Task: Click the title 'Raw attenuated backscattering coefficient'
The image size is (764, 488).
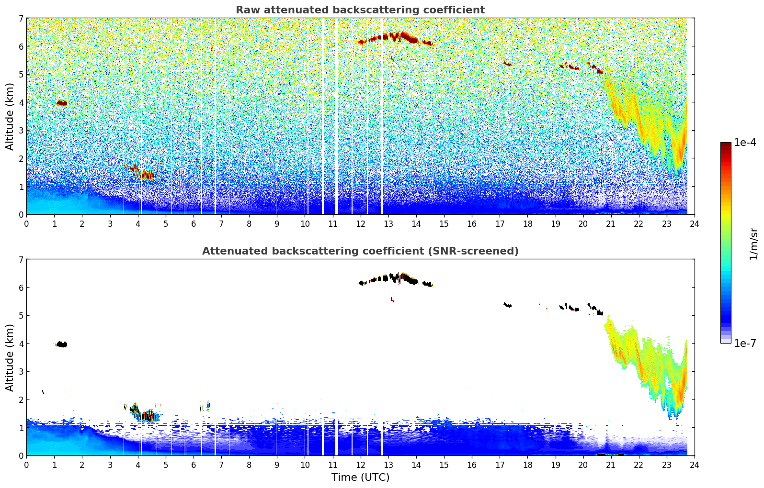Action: [x=360, y=10]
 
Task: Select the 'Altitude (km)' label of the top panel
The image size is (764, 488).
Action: [x=10, y=116]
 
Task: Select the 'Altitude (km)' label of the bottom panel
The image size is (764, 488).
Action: [x=10, y=357]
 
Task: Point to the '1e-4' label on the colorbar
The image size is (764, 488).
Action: [x=745, y=143]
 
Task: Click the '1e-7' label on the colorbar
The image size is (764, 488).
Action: [x=745, y=343]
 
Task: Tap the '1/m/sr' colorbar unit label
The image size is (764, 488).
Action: [x=753, y=244]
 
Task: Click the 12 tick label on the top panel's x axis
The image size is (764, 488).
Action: [x=360, y=224]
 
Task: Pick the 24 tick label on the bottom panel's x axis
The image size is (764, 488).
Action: [x=694, y=465]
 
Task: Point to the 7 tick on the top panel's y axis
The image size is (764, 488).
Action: [x=21, y=19]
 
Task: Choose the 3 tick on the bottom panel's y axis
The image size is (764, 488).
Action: [x=21, y=371]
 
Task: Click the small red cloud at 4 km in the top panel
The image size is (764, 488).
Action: [x=61, y=103]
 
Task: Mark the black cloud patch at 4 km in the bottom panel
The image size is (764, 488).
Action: [x=61, y=344]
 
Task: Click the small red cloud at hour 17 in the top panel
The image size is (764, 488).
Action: [x=507, y=64]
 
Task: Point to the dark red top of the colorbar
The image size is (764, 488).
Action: [x=725, y=145]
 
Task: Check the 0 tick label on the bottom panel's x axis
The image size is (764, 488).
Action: [x=26, y=465]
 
